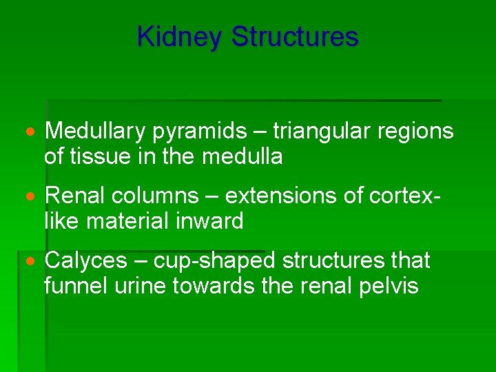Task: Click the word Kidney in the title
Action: click(x=180, y=37)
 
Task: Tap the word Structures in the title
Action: click(x=295, y=37)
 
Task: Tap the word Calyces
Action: click(x=86, y=262)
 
